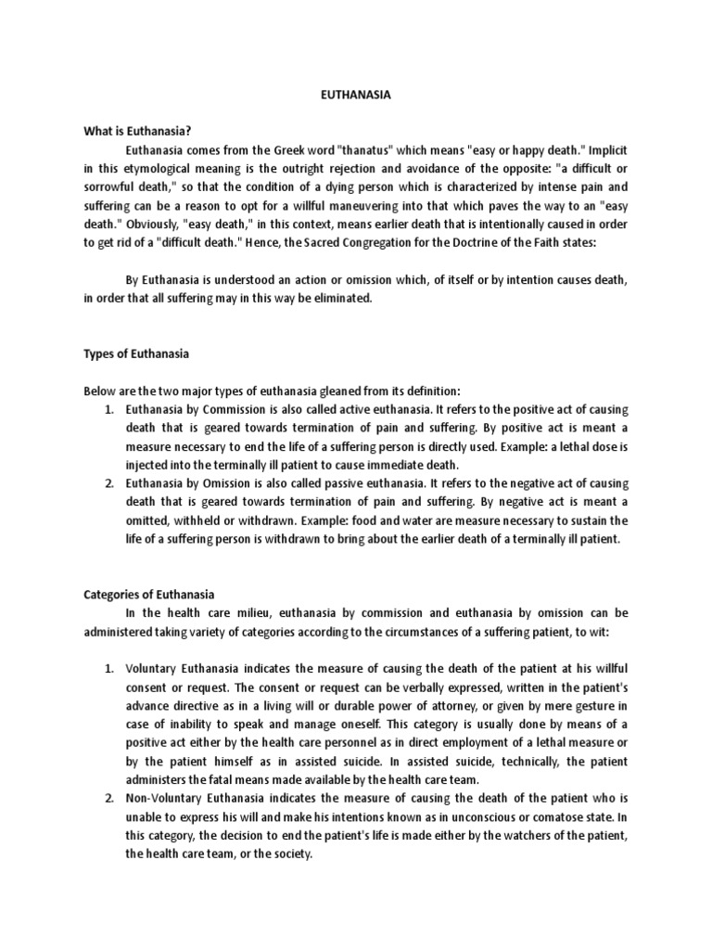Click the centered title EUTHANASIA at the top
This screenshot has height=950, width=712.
coord(356,94)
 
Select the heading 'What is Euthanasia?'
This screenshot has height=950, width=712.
coord(132,130)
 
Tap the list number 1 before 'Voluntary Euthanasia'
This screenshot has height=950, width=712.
coord(108,669)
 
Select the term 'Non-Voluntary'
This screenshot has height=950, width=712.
coord(164,799)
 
